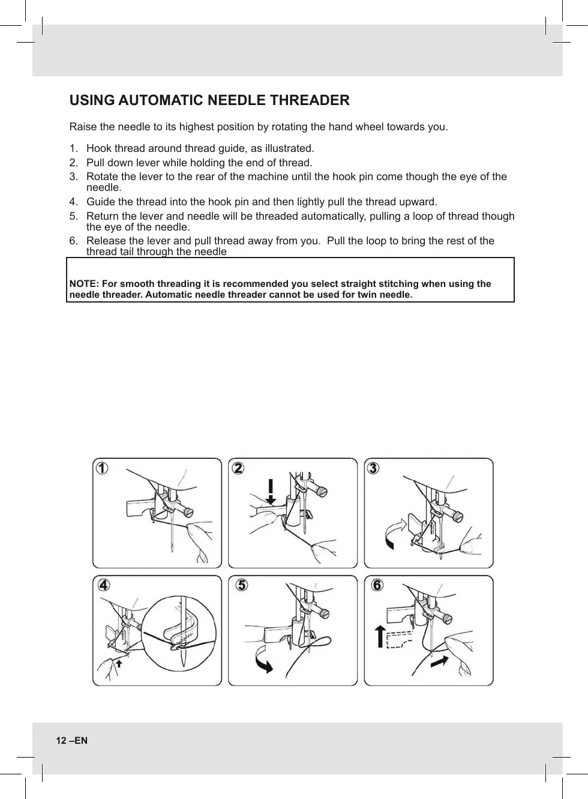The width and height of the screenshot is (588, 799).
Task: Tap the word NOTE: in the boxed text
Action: tap(85, 284)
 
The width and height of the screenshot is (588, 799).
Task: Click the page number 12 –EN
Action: tap(71, 740)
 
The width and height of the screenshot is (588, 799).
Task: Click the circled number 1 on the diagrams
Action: tap(103, 468)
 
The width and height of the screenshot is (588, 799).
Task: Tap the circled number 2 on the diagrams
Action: tap(238, 468)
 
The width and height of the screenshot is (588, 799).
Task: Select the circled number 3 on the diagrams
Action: tap(373, 468)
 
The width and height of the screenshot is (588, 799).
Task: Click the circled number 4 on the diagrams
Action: tap(104, 585)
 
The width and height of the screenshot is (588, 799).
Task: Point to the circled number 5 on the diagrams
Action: tap(241, 585)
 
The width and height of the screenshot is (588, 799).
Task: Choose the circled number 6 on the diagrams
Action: tap(377, 585)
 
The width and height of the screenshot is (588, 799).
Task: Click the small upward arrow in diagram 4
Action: tap(119, 663)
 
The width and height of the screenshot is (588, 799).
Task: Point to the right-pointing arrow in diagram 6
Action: tap(440, 661)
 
